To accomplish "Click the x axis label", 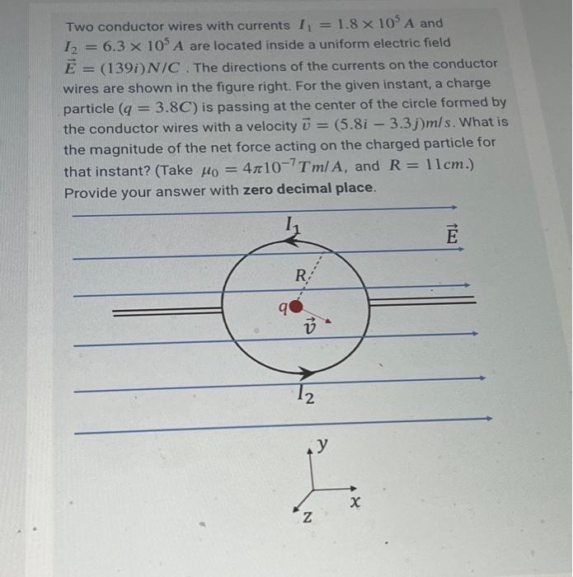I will (x=355, y=500).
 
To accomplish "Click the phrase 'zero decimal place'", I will (x=309, y=189).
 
